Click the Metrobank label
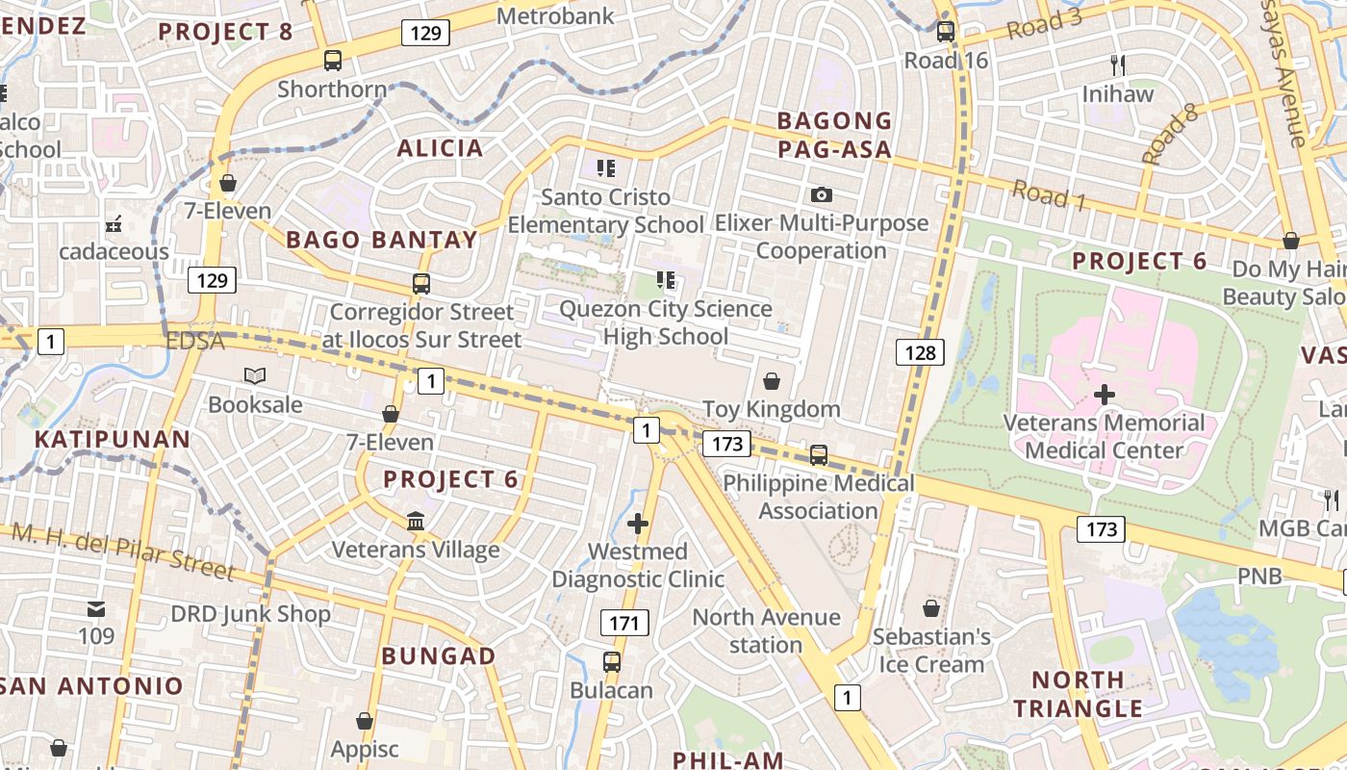click(554, 16)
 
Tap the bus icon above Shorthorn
click(333, 61)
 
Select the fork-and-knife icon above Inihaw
click(1117, 65)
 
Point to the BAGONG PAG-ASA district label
click(834, 135)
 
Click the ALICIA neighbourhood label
click(440, 148)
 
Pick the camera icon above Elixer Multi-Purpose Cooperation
click(821, 195)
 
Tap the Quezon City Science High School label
click(666, 322)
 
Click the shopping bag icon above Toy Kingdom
click(772, 381)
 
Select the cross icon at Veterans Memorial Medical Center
click(1105, 395)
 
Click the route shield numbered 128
click(920, 352)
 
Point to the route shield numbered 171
click(623, 623)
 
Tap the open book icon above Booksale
click(255, 376)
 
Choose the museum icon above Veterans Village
click(416, 522)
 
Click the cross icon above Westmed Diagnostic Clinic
click(637, 524)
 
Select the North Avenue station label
click(766, 630)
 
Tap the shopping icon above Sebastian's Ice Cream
click(930, 608)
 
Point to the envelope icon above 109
click(96, 609)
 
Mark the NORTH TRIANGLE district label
click(1078, 694)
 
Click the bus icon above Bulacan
click(612, 662)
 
